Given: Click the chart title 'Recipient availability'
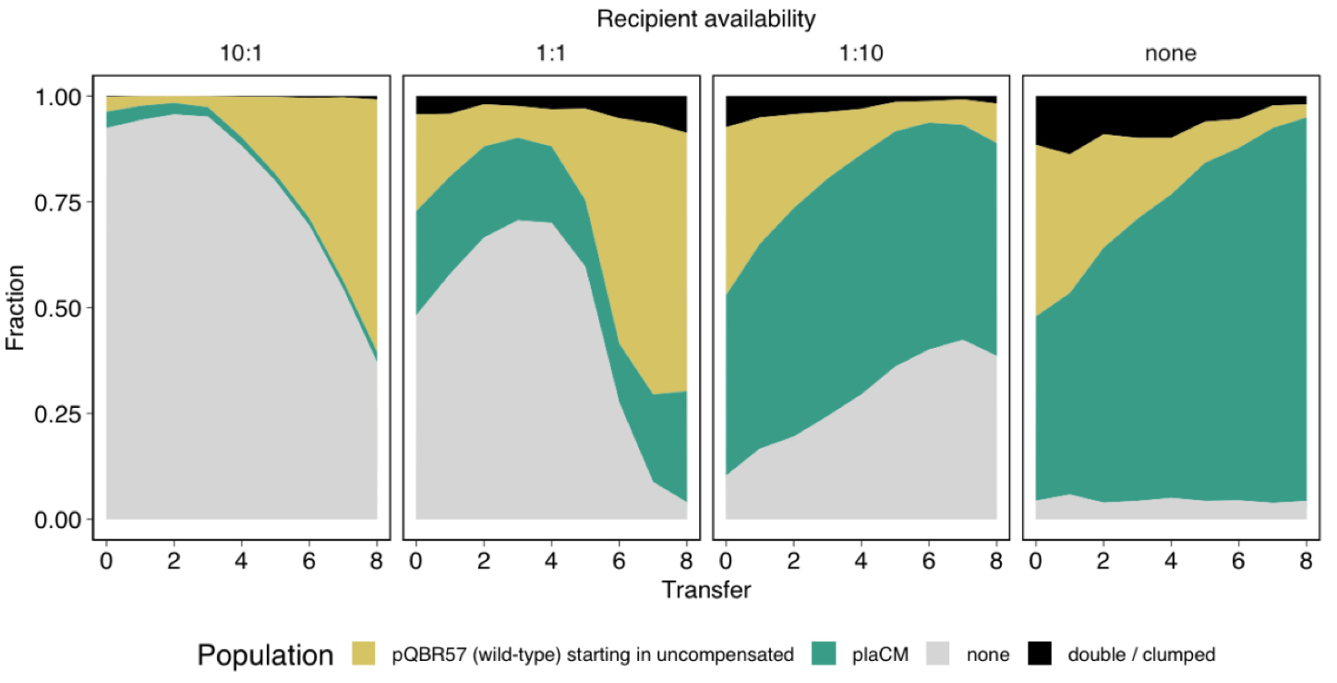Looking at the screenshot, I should [706, 19].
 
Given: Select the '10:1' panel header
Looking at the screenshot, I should [242, 54].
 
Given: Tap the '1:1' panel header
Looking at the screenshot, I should [551, 54].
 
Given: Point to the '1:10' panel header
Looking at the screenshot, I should [861, 54].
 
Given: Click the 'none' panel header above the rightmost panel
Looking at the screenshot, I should [1170, 54].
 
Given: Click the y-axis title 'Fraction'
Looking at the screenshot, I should [16, 307].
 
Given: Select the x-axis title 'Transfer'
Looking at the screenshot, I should [706, 590].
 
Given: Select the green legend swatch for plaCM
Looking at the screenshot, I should [825, 654].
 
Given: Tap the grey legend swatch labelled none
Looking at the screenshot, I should [937, 654].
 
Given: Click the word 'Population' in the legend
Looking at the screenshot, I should [265, 655].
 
